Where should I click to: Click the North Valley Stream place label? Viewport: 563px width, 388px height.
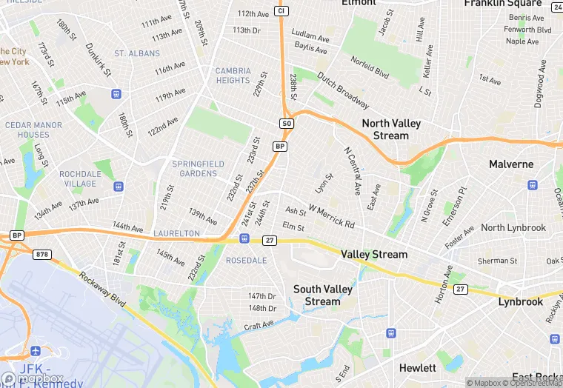point(384,130)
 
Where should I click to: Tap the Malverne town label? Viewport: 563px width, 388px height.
point(511,164)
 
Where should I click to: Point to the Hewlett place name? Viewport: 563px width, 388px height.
point(418,368)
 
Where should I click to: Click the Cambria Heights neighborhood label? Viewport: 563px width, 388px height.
point(233,76)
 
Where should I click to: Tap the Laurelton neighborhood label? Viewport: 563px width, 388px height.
point(176,233)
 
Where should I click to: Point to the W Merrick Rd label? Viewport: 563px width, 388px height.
point(332,216)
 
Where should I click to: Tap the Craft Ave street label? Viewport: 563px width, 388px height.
point(259,324)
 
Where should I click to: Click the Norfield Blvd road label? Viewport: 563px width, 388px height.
point(370,68)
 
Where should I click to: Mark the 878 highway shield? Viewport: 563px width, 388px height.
point(42,254)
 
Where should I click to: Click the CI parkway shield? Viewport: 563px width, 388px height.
point(280,10)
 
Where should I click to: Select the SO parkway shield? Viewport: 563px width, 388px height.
point(287,124)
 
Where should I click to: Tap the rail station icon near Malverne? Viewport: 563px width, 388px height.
point(532,185)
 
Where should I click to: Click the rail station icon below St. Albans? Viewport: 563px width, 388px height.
point(116,94)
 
